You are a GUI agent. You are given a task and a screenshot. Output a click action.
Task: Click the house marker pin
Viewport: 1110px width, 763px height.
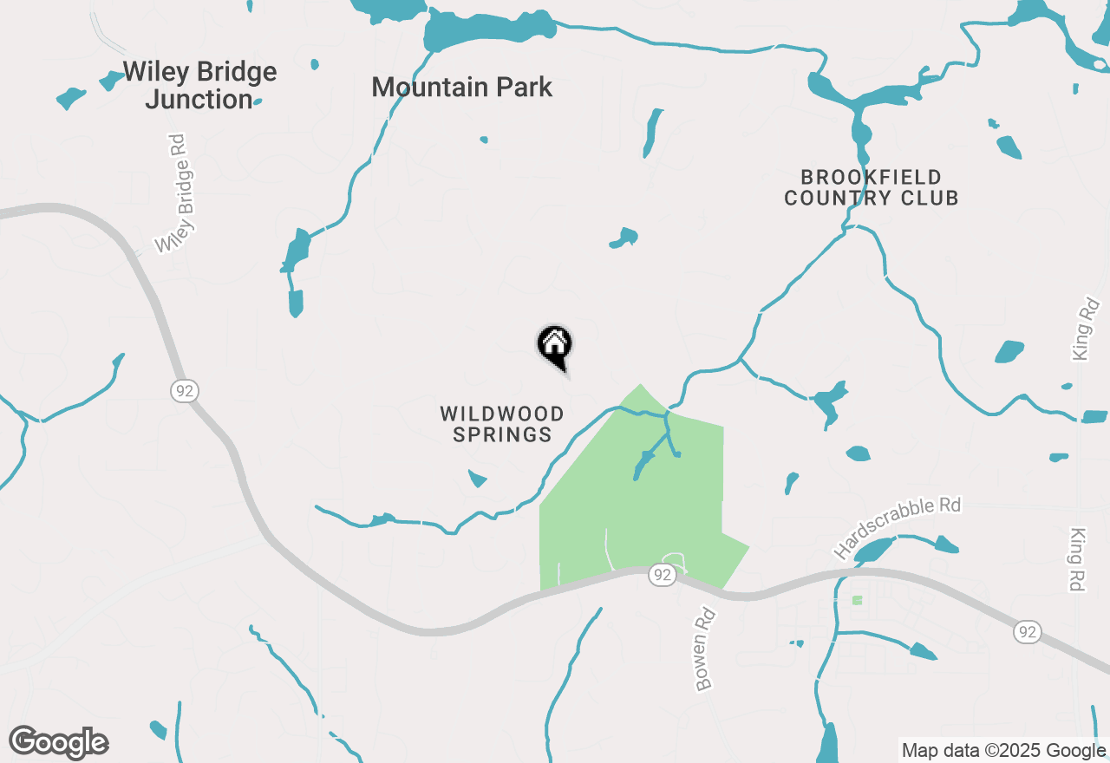pos(555,345)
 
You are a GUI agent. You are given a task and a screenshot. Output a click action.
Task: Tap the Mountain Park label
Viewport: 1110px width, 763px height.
pos(461,88)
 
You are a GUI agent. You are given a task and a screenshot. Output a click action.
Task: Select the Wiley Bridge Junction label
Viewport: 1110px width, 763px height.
pos(199,85)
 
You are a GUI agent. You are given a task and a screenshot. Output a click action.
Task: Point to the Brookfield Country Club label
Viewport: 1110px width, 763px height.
pos(871,188)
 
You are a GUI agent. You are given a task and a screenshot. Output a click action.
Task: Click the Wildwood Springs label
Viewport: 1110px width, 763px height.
pos(502,425)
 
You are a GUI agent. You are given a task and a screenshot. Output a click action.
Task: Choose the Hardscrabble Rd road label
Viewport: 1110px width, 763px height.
pos(898,527)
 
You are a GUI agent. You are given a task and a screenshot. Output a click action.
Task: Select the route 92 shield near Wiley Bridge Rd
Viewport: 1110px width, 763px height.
pos(184,391)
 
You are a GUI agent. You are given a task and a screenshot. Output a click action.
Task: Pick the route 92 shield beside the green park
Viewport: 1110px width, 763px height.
pos(662,575)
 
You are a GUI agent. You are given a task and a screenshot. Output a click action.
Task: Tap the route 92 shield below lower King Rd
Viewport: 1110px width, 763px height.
pos(1028,632)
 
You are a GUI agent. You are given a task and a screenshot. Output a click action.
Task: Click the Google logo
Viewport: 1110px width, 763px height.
pos(59,743)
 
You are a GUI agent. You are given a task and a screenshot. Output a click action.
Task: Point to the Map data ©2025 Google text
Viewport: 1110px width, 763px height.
pos(1004,751)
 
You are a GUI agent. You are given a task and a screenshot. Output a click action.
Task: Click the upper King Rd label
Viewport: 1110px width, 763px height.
pos(1085,329)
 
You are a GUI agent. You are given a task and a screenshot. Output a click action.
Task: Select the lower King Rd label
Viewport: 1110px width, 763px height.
pos(1078,560)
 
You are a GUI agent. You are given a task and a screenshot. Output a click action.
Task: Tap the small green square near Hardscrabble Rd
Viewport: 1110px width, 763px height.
pos(858,600)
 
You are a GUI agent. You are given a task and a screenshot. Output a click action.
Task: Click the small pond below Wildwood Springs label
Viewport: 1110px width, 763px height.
pos(477,478)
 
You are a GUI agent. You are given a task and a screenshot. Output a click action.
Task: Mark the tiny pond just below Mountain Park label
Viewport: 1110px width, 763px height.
pos(484,139)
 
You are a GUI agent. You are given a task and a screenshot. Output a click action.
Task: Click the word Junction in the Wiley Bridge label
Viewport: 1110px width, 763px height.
pos(199,100)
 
